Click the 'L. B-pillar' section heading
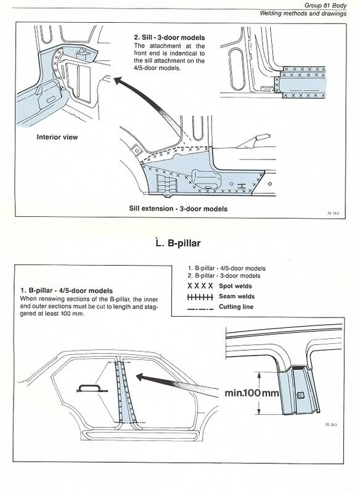pyautogui.click(x=178, y=243)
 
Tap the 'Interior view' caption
pyautogui.click(x=57, y=137)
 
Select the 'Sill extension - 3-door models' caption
pyautogui.click(x=178, y=208)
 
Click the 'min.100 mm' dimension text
pyautogui.click(x=252, y=393)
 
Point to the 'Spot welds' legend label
pyautogui.click(x=235, y=286)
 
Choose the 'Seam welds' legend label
pyautogui.click(x=237, y=296)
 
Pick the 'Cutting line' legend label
pyautogui.click(x=236, y=307)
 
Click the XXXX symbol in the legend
pyautogui.click(x=200, y=286)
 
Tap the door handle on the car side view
pyautogui.click(x=92, y=389)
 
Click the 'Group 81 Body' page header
pyautogui.click(x=325, y=6)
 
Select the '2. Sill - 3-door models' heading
pyautogui.click(x=170, y=38)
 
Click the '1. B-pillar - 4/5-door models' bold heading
pyautogui.click(x=67, y=291)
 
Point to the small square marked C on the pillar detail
pyautogui.click(x=300, y=396)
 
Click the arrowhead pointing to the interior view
pyautogui.click(x=118, y=81)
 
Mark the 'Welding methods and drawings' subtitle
pyautogui.click(x=303, y=14)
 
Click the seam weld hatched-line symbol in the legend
pyautogui.click(x=200, y=297)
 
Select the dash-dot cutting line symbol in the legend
pyautogui.click(x=200, y=309)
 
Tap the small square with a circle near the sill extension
pyautogui.click(x=136, y=150)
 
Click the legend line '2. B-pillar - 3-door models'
pyautogui.click(x=224, y=275)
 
